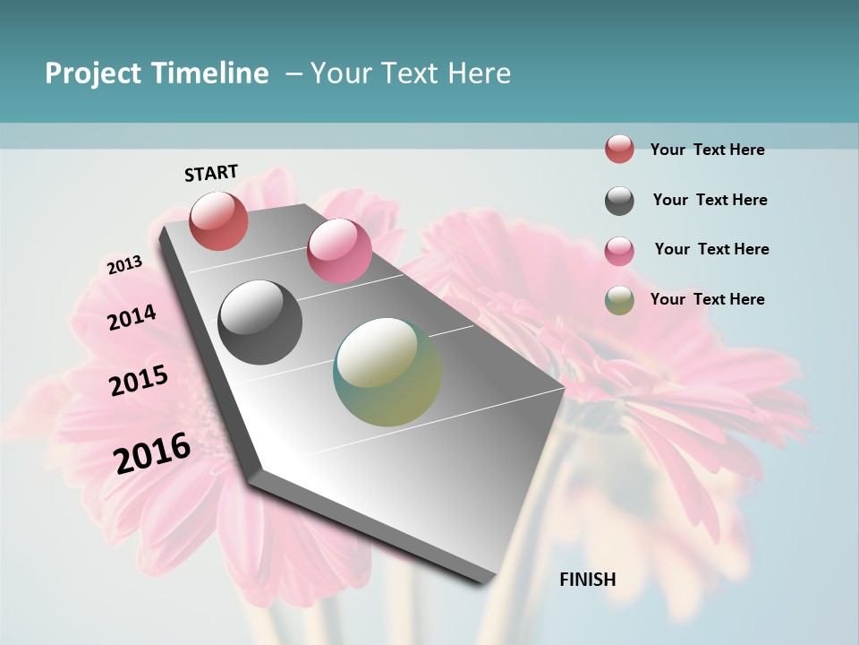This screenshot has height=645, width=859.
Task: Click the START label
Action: point(211,173)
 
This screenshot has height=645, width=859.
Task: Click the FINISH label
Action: point(588,580)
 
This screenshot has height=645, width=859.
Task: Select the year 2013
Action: point(125,264)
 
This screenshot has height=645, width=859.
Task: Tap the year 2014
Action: point(132,317)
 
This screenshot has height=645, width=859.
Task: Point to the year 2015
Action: point(139,381)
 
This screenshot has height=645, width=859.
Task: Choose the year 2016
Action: point(153,452)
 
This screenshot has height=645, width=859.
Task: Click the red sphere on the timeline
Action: point(219,220)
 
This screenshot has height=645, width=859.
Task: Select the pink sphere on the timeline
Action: point(339,251)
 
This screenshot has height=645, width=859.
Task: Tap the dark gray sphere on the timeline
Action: point(260,322)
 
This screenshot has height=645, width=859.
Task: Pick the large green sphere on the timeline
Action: point(387,372)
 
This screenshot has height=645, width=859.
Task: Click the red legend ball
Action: point(619,149)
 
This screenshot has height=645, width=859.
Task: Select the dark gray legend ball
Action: point(619,201)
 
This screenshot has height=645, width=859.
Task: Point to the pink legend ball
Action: point(619,250)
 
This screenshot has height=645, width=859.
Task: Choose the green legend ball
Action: point(619,300)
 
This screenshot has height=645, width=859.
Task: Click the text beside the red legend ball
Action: point(707,150)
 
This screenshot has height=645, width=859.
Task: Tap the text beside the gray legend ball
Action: point(710,200)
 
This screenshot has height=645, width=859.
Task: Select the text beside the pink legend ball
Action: point(711,249)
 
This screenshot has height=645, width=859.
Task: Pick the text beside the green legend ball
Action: point(707,299)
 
